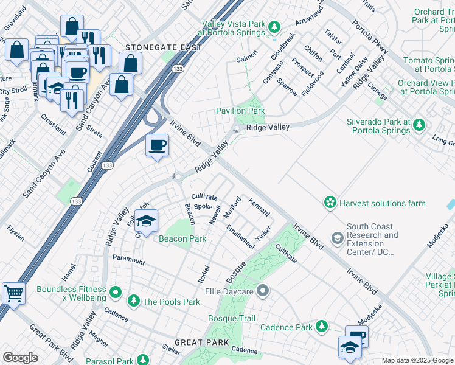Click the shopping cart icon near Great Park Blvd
click(13, 294)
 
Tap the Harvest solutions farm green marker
click(330, 203)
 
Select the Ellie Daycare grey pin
click(263, 291)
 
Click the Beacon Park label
click(182, 239)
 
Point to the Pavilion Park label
click(240, 111)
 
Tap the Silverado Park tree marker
click(419, 125)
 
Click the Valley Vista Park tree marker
click(274, 27)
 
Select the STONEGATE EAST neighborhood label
click(154, 47)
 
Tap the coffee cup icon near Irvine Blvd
click(158, 145)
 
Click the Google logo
click(20, 357)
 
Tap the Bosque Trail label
click(232, 318)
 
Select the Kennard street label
click(259, 207)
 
